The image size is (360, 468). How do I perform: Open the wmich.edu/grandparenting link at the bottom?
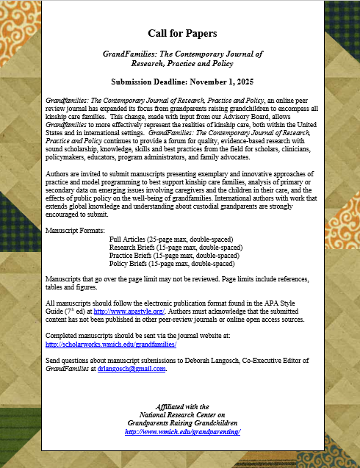tap(182, 432)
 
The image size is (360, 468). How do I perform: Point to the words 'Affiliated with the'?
tap(182, 406)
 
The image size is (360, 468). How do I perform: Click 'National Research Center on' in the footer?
tap(182, 415)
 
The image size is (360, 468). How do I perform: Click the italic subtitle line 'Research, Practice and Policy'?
tap(182, 63)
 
